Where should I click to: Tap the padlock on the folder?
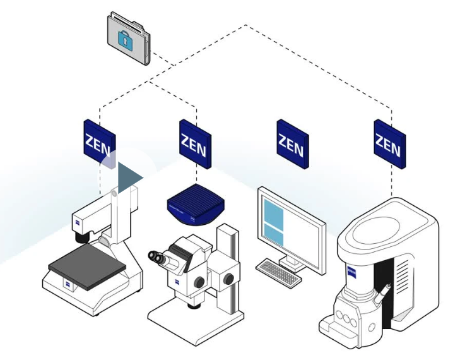[126, 40]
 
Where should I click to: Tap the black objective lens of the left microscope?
[82, 236]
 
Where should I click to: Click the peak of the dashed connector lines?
[245, 25]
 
